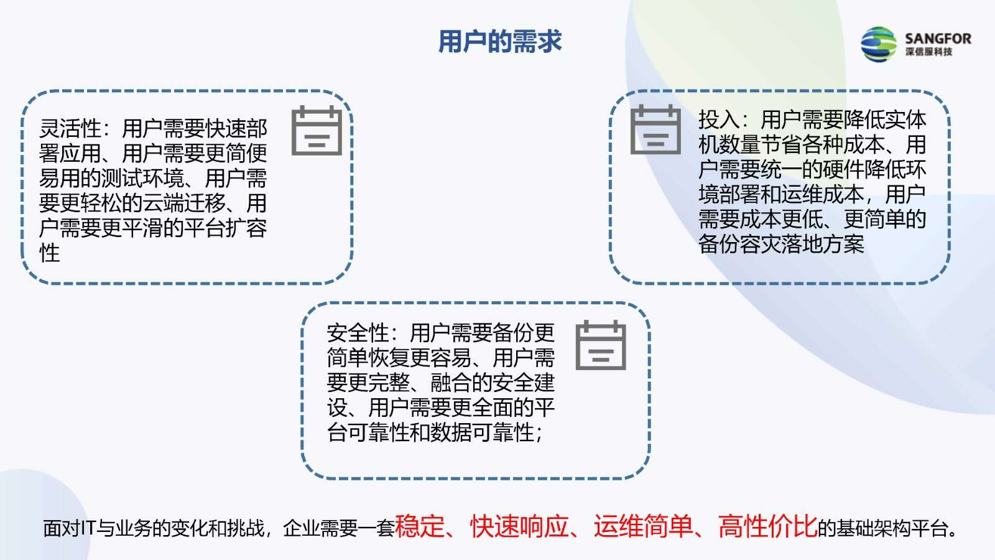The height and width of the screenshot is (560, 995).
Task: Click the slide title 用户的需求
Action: pos(500,42)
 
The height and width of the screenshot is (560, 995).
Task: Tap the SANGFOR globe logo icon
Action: pos(879,44)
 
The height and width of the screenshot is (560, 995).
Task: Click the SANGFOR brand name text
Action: pos(938,39)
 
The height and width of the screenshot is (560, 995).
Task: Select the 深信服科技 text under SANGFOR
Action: pos(929,52)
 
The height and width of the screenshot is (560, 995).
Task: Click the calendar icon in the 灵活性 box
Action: pos(317,130)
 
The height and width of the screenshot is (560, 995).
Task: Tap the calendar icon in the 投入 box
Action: pos(655,129)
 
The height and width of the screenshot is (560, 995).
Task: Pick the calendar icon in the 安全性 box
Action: pos(601,345)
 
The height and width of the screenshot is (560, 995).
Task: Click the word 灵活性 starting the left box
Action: pos(70,129)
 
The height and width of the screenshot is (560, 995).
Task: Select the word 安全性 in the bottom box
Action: pos(358,332)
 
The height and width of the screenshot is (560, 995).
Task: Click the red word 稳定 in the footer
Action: pos(420,526)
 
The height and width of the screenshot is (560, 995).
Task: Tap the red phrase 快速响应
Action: pos(520,526)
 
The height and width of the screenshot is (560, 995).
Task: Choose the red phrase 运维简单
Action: pos(644,526)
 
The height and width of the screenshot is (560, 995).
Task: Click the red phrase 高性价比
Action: pos(767,526)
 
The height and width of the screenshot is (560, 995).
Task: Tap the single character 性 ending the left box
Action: pos(49,253)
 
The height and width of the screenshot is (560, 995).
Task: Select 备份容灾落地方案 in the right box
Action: pos(781,244)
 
